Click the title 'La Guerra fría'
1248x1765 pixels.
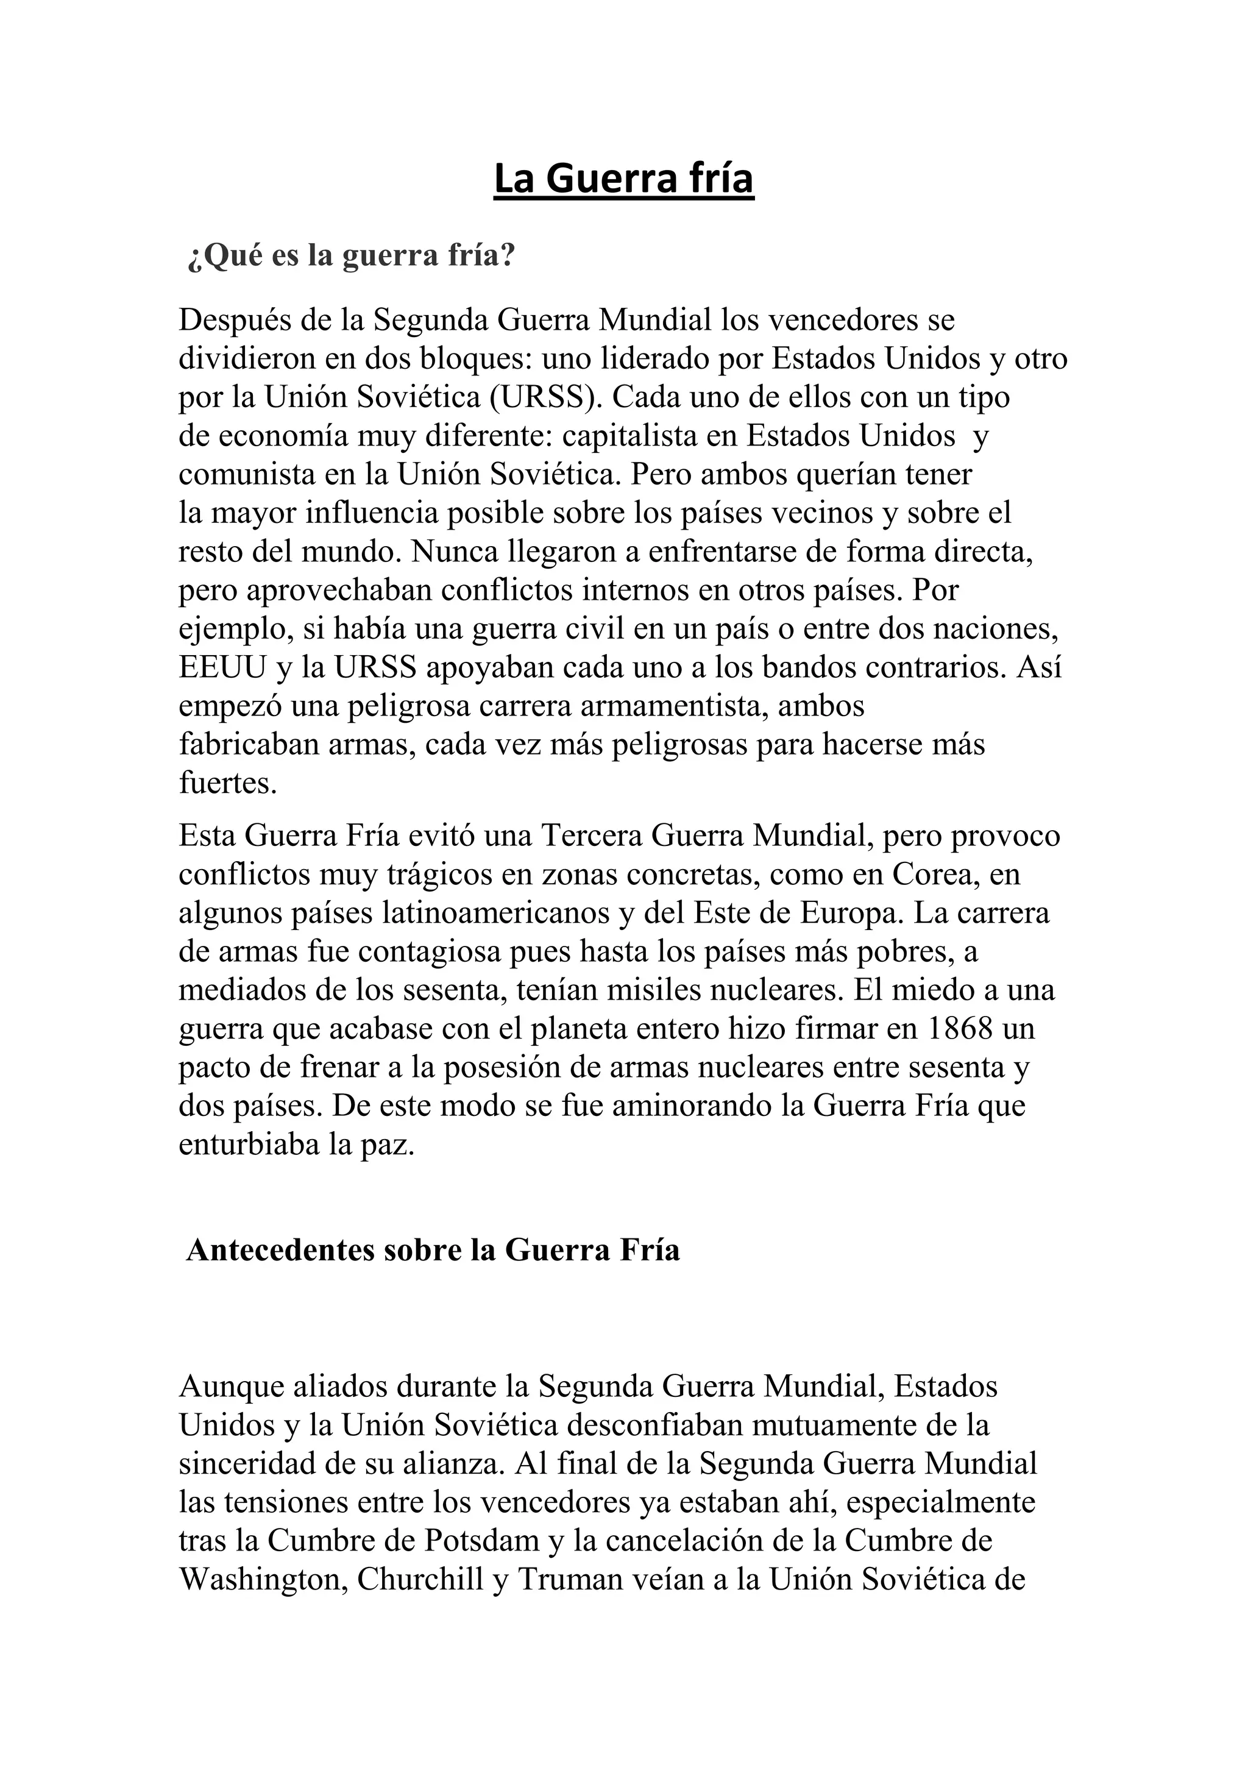623,179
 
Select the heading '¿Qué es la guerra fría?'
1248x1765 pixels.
350,256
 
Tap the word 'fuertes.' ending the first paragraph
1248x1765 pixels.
227,783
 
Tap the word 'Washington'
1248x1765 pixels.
262,1580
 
